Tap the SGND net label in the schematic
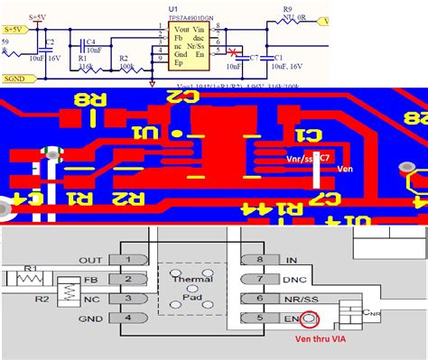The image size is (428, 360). [x=20, y=78]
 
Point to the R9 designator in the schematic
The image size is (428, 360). [x=287, y=6]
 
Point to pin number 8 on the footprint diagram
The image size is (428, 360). [x=259, y=260]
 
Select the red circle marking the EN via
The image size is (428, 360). [x=310, y=318]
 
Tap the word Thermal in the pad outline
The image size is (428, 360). [x=190, y=280]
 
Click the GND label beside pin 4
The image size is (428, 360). [x=90, y=318]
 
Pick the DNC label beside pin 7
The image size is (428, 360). [x=294, y=280]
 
